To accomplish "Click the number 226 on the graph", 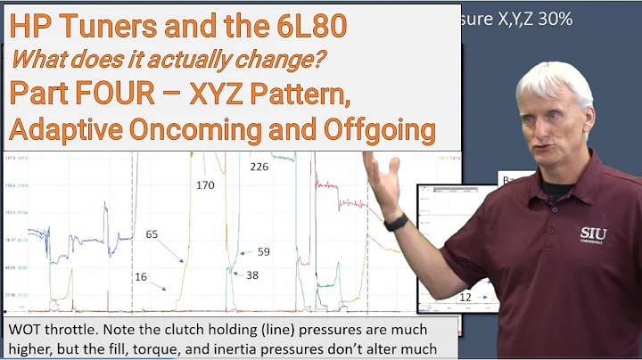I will tap(259, 167).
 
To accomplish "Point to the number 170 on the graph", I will tap(206, 185).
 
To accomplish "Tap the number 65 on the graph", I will tap(152, 233).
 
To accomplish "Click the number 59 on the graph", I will tap(263, 252).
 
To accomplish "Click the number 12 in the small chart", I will tap(465, 296).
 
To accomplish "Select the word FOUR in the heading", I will tap(131, 94).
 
